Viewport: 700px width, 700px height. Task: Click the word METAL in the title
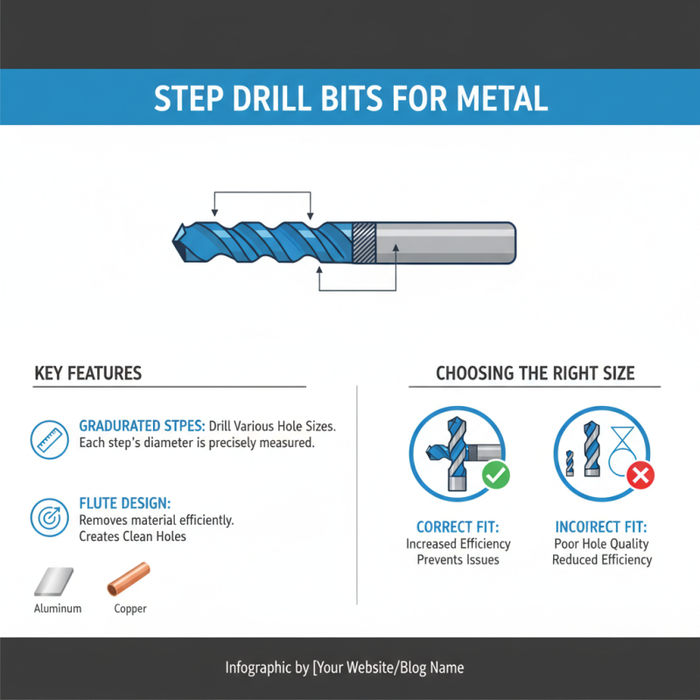[x=501, y=99]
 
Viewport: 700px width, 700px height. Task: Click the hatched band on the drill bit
[x=363, y=241]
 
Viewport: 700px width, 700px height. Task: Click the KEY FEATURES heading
[x=87, y=374]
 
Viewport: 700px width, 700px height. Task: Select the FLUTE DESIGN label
[x=124, y=504]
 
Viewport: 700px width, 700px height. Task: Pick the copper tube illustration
[x=129, y=578]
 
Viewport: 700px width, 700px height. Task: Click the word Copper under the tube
[x=130, y=608]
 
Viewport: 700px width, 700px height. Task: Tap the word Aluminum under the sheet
[x=58, y=608]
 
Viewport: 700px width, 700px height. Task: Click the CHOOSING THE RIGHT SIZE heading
[x=535, y=374]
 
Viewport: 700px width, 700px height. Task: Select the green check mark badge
[x=496, y=475]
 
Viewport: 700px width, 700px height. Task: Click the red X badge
[x=641, y=475]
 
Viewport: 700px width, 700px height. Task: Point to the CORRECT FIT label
[x=458, y=528]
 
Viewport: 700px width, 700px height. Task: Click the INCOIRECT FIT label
[x=601, y=528]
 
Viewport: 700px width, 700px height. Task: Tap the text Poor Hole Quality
[x=602, y=544]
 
